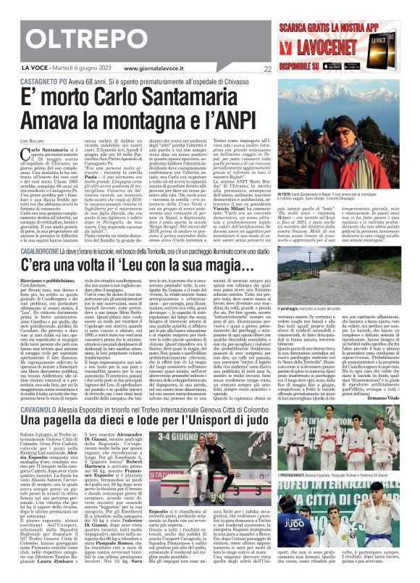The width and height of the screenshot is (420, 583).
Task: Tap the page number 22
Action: coord(267,70)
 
